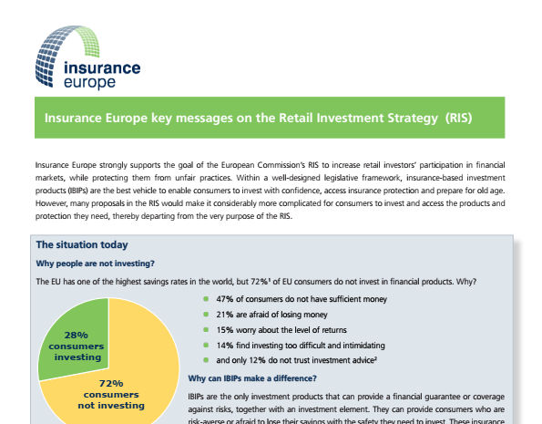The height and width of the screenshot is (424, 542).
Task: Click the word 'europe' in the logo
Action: (x=89, y=83)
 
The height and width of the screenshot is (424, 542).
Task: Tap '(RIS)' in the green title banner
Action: (x=458, y=118)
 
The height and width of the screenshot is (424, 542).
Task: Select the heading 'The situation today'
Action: (x=82, y=244)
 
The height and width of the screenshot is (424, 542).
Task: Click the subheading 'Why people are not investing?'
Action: (x=95, y=264)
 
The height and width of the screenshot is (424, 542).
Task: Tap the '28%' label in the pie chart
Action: (x=76, y=335)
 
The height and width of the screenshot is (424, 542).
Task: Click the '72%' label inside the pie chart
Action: (x=111, y=384)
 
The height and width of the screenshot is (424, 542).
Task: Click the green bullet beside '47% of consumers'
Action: (x=206, y=299)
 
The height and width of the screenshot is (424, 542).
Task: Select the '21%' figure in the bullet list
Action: (x=225, y=315)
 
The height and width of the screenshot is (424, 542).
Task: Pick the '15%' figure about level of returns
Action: (x=225, y=330)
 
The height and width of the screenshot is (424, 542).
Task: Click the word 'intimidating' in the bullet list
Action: (x=363, y=346)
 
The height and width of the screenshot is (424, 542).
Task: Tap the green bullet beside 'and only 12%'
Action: (x=206, y=360)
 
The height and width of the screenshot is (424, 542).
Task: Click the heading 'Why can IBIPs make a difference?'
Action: (x=252, y=378)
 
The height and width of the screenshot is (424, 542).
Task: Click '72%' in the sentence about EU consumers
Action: (x=260, y=282)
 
